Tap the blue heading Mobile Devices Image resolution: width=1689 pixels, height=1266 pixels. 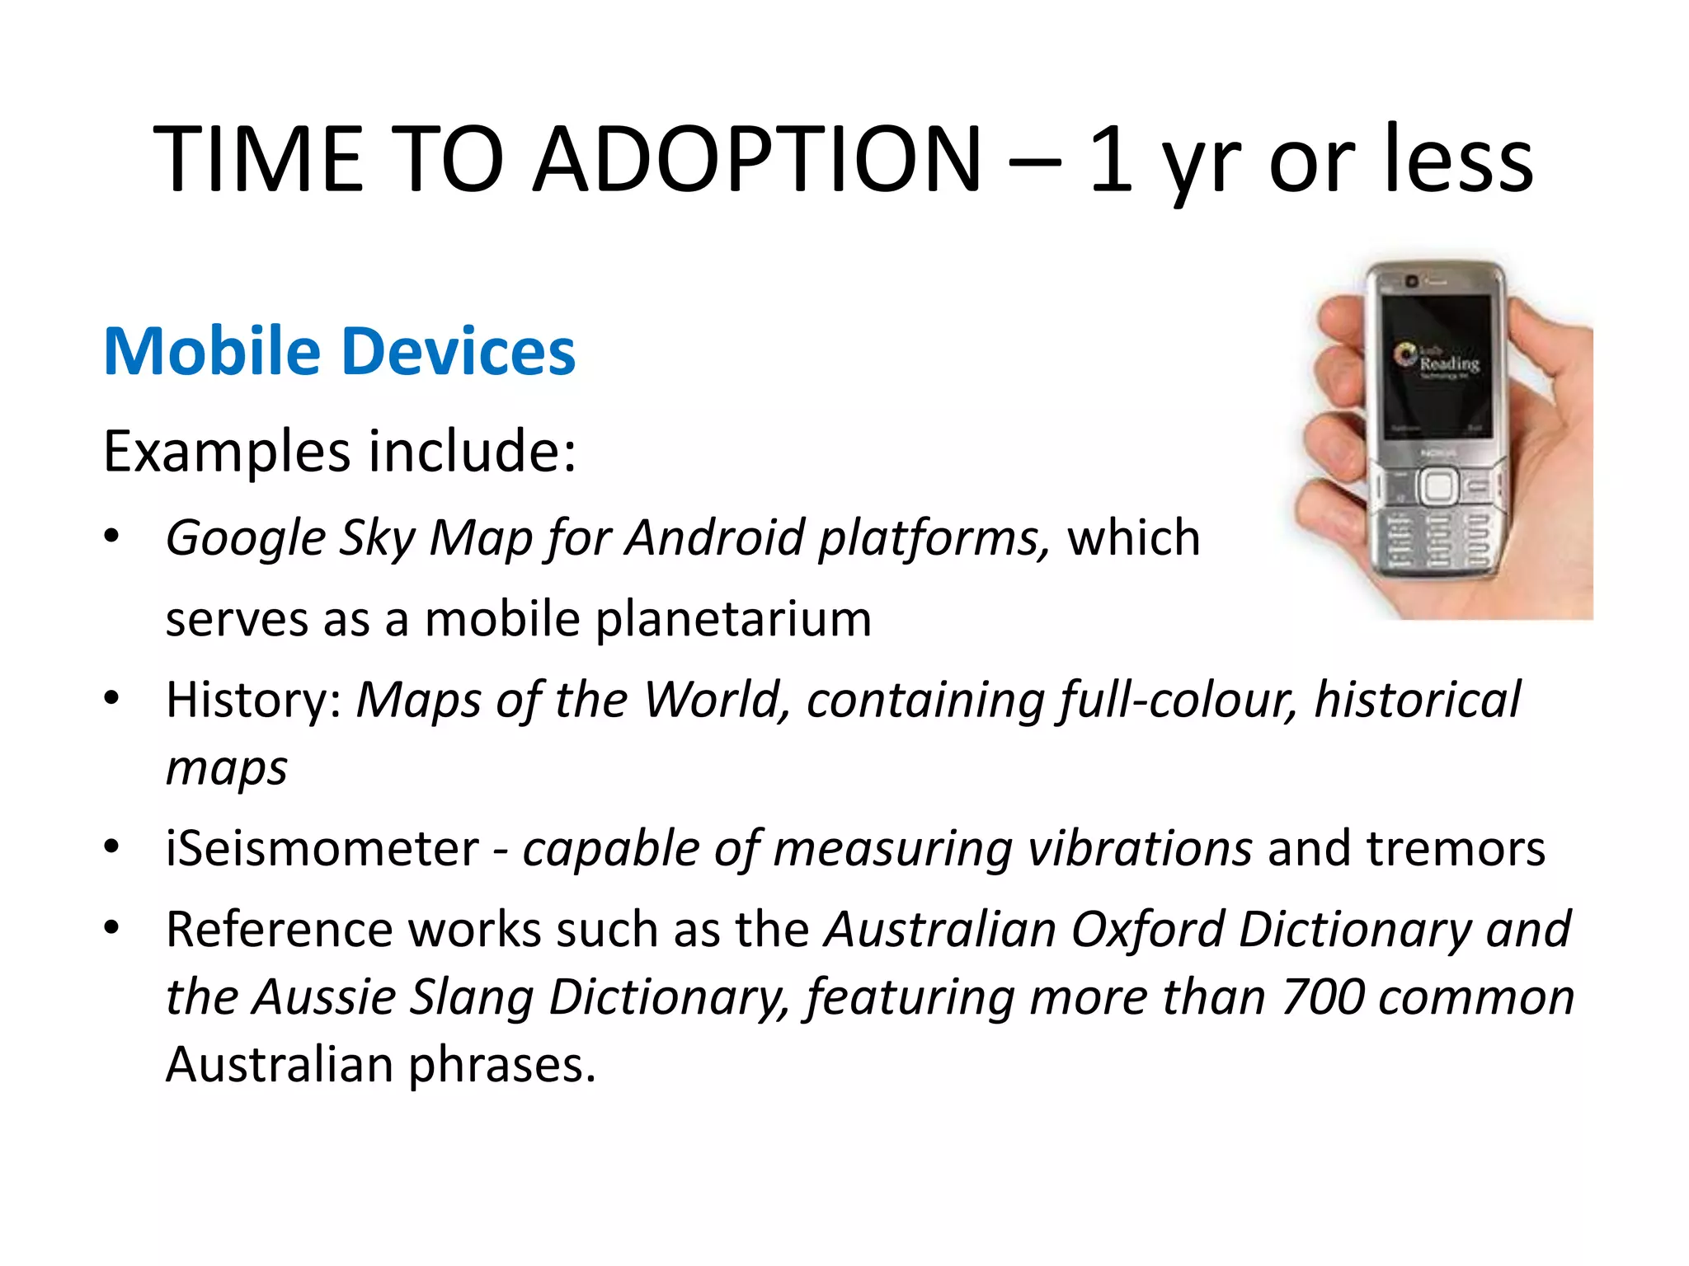point(339,351)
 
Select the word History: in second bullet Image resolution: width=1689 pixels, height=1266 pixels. point(254,700)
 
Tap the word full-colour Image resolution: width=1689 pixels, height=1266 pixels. point(1178,700)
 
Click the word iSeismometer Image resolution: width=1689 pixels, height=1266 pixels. point(322,848)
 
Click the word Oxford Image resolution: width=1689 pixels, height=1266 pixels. point(1146,930)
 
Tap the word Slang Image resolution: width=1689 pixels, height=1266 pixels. point(471,996)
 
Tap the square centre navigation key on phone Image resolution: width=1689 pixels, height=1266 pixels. point(1438,485)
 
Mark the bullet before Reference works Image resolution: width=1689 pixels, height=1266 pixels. point(111,929)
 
